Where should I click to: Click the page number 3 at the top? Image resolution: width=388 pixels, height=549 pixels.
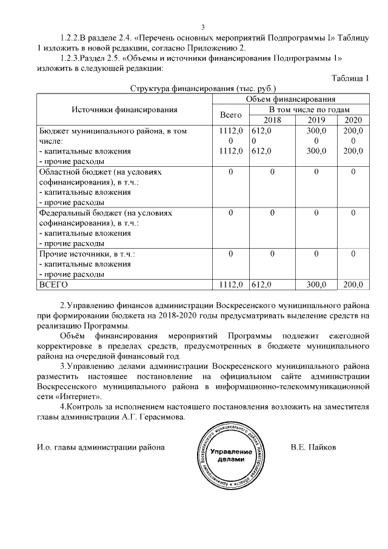203,27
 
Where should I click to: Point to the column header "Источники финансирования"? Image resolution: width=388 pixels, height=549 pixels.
124,110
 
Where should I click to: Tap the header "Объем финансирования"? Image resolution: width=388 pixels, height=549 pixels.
290,99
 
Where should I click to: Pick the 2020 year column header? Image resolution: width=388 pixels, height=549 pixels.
352,120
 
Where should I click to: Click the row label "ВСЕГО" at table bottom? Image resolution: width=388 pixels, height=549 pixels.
53,284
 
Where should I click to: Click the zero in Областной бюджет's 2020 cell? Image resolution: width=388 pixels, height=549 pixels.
352,172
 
